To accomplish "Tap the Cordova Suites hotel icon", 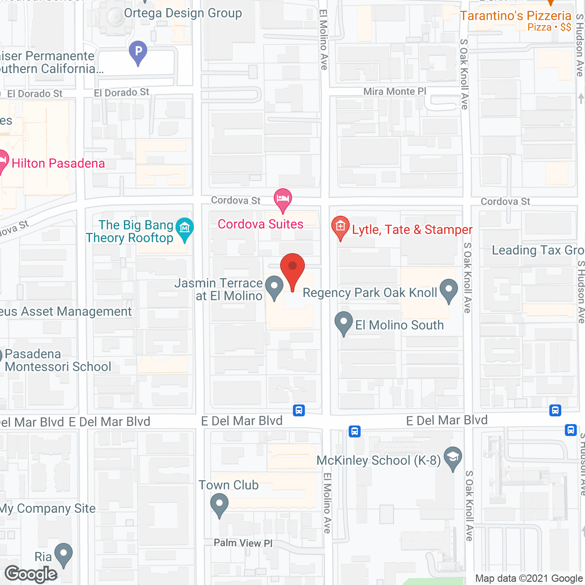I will pos(283,199).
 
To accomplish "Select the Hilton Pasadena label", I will pos(58,164).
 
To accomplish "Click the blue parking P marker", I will pos(138,51).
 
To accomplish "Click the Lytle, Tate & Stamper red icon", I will pos(340,227).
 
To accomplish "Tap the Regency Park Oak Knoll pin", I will pos(448,289).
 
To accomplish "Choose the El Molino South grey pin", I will pos(344,322).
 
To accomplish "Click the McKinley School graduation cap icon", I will pos(453,457).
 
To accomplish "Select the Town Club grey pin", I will pos(219,505).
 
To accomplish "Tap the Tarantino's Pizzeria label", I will pos(516,16).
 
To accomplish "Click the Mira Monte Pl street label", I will pos(394,92).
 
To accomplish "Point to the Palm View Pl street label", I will pos(243,543).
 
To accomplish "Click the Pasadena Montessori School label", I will pos(58,360).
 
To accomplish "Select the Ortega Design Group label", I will pos(183,13).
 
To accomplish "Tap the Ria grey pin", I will pos(63,553).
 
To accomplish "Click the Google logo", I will pos(31,574).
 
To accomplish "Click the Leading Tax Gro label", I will pos(537,250).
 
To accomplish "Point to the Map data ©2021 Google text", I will pos(529,579).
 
